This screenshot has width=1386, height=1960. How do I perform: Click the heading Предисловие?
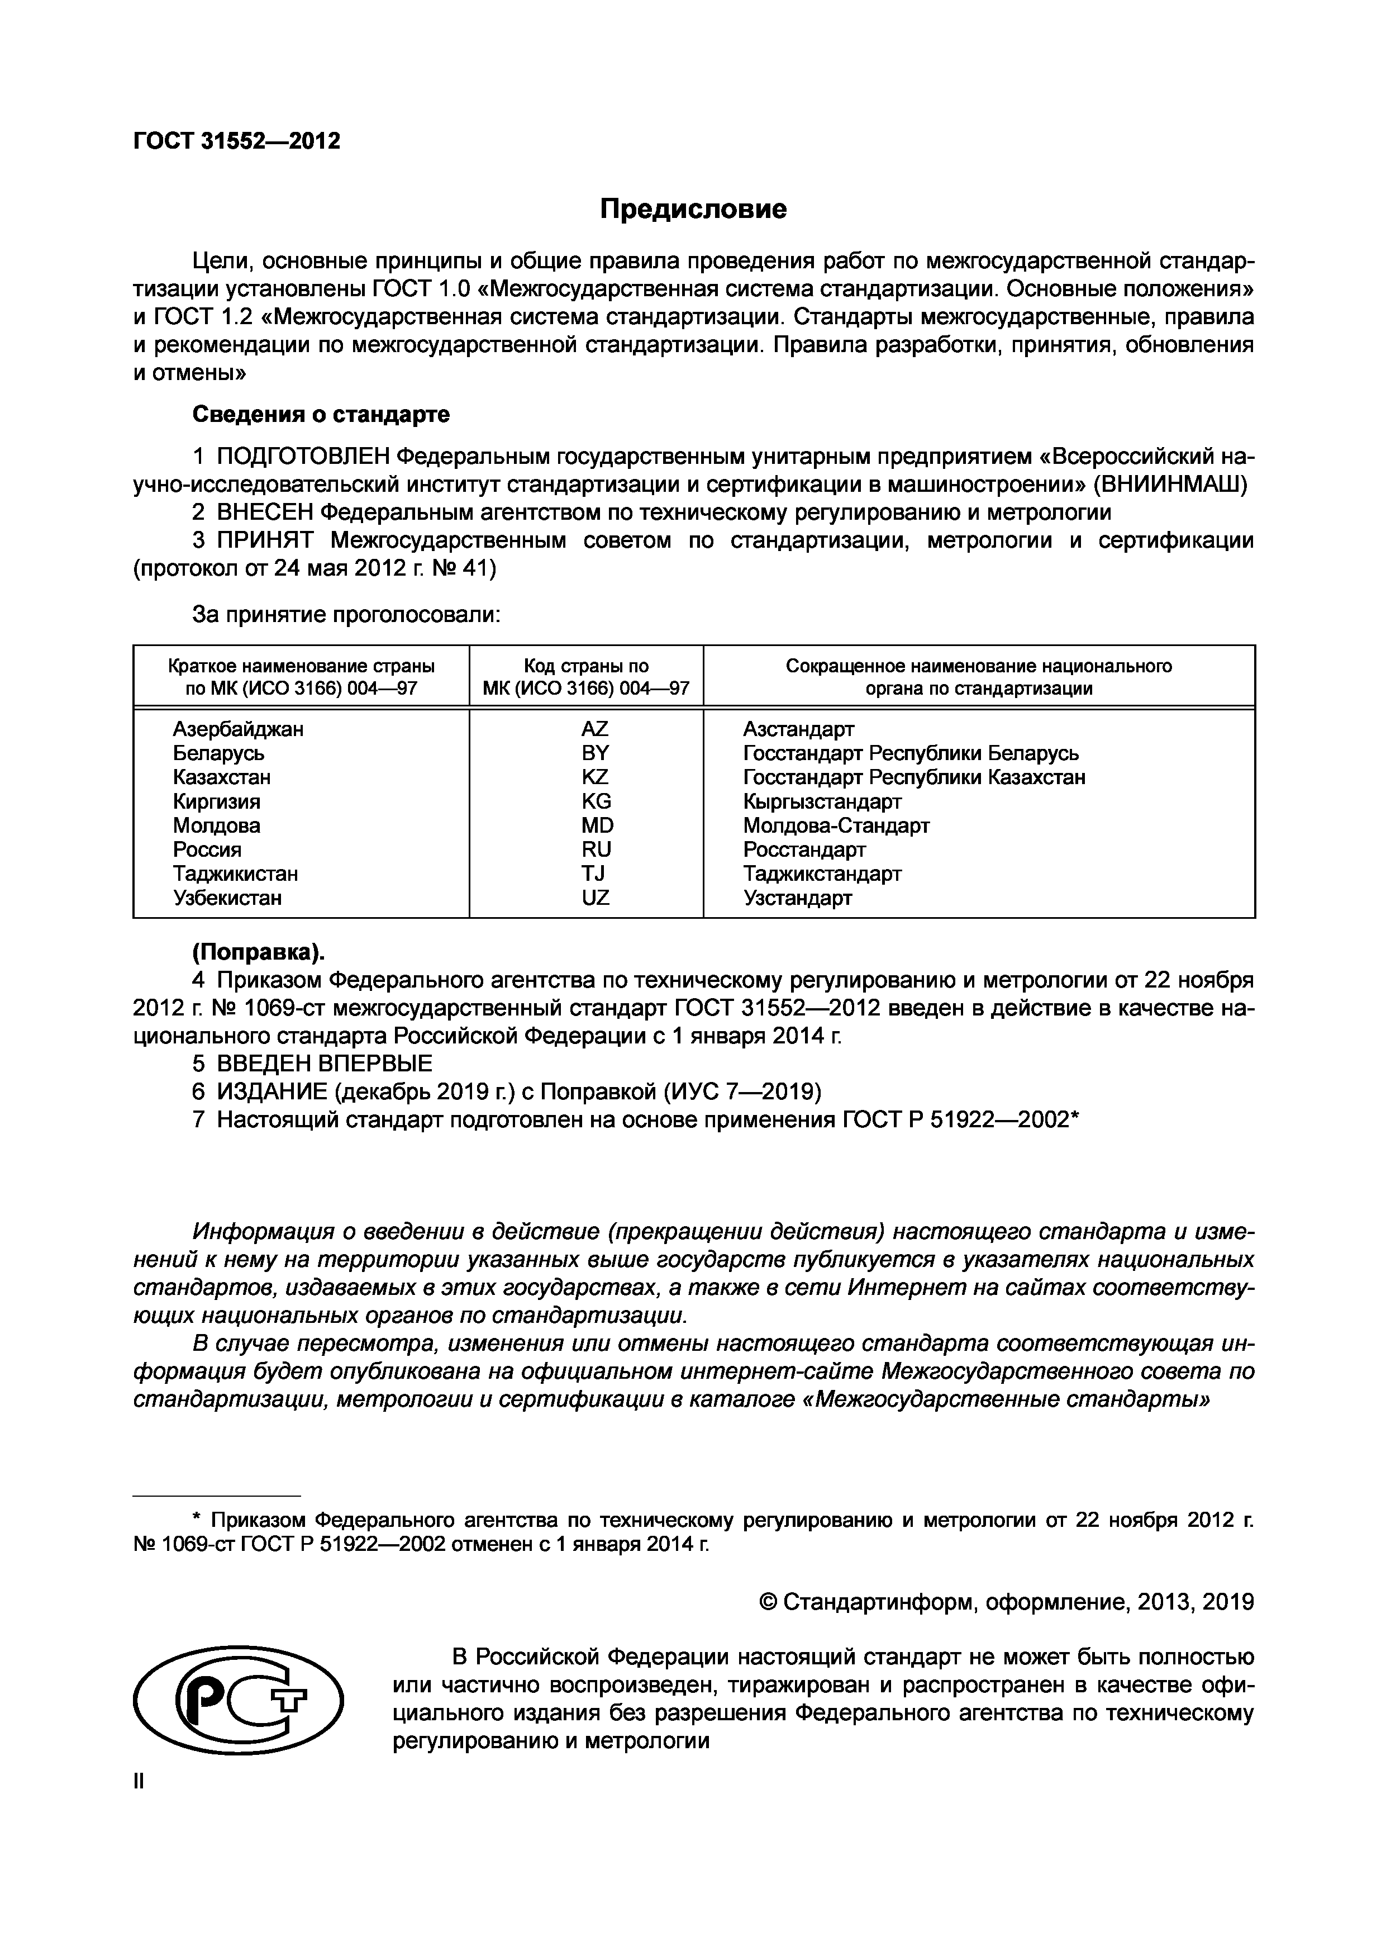(x=692, y=209)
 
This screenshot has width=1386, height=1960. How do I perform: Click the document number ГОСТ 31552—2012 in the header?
(x=236, y=141)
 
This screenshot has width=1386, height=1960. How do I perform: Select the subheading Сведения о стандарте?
(x=321, y=415)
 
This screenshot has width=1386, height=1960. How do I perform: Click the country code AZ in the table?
(x=595, y=729)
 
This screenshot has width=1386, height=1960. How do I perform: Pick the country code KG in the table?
(x=596, y=801)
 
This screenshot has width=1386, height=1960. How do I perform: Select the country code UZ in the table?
(x=596, y=898)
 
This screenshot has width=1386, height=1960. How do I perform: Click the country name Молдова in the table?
(x=216, y=825)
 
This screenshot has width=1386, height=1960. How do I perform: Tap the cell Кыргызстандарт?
(x=821, y=801)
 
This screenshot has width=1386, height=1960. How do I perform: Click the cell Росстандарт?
(x=804, y=850)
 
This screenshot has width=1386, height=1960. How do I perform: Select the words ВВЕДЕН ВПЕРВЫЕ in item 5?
(x=325, y=1064)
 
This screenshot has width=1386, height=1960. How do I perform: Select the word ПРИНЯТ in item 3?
(x=265, y=540)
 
